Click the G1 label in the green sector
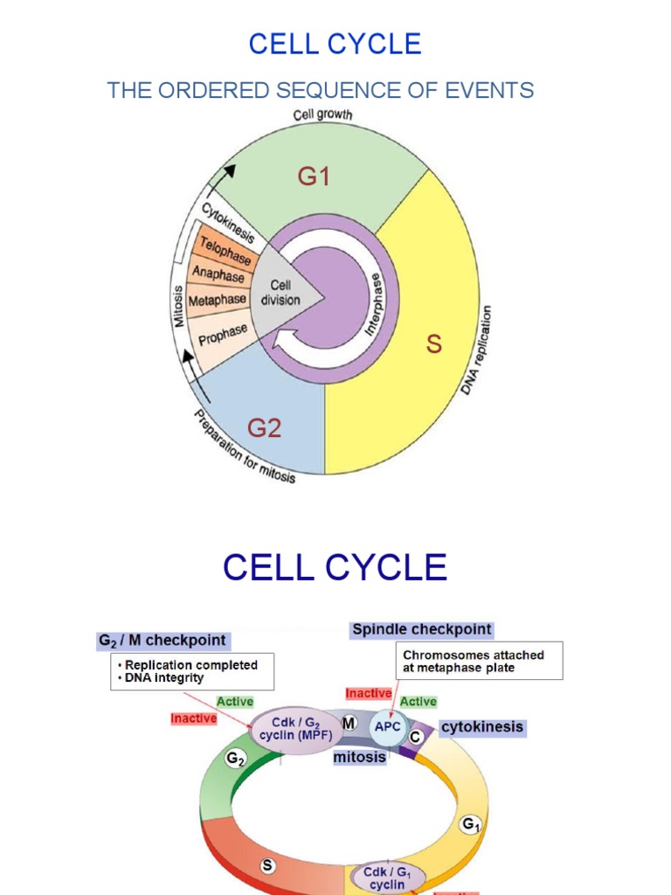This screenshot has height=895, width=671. tap(314, 177)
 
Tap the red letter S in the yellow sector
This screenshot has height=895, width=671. tap(433, 344)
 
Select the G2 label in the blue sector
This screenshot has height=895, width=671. tap(264, 428)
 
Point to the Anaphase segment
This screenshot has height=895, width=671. tap(218, 274)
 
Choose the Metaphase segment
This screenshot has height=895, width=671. tap(218, 300)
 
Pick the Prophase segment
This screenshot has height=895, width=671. tap(223, 333)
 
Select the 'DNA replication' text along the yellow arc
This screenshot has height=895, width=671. tap(477, 350)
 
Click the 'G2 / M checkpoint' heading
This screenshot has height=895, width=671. tap(162, 641)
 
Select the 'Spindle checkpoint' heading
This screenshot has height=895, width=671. tap(421, 629)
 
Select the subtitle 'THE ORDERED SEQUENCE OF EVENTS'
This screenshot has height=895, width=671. tap(320, 90)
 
